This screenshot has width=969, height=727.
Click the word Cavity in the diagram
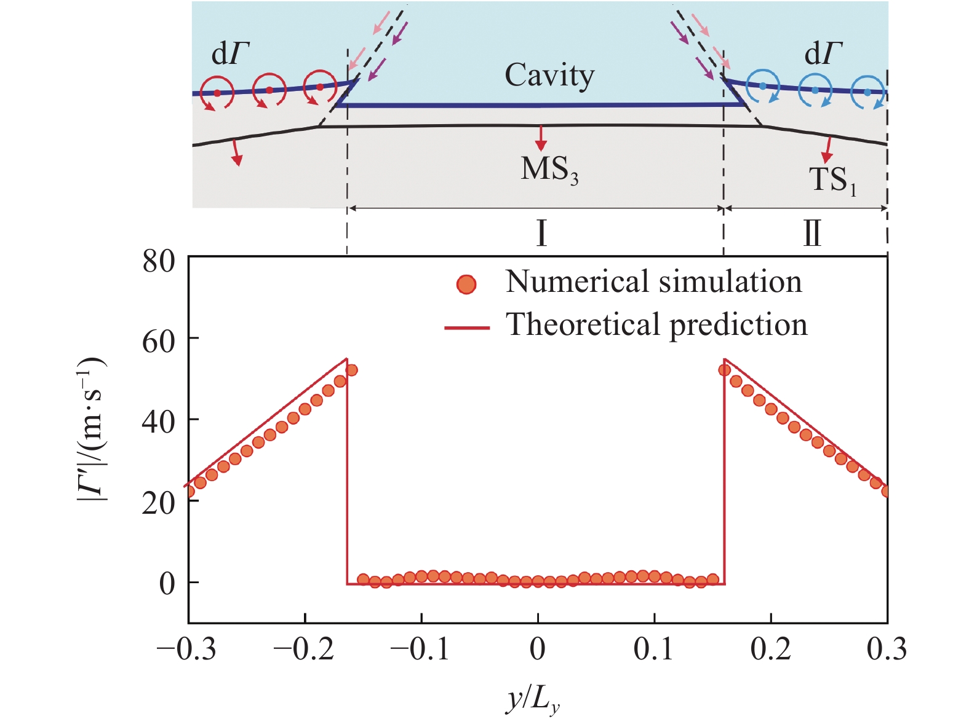(549, 76)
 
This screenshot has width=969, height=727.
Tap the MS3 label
(549, 170)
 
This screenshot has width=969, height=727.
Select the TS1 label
(832, 180)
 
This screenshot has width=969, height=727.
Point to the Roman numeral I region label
(541, 234)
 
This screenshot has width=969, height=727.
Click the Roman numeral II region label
(812, 234)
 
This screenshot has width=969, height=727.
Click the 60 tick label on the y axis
(158, 341)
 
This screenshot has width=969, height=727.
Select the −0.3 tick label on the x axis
(186, 650)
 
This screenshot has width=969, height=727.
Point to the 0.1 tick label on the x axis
(654, 650)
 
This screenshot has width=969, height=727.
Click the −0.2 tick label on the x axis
(303, 650)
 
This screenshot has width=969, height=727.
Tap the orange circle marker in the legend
(467, 284)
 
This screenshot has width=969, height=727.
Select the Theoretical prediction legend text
(656, 324)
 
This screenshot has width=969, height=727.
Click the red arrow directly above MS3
(541, 138)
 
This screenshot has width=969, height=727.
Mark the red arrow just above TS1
(828, 149)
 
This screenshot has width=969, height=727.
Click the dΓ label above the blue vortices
(823, 54)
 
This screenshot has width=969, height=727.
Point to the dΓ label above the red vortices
(231, 54)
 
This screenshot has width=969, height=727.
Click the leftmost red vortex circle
(217, 93)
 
